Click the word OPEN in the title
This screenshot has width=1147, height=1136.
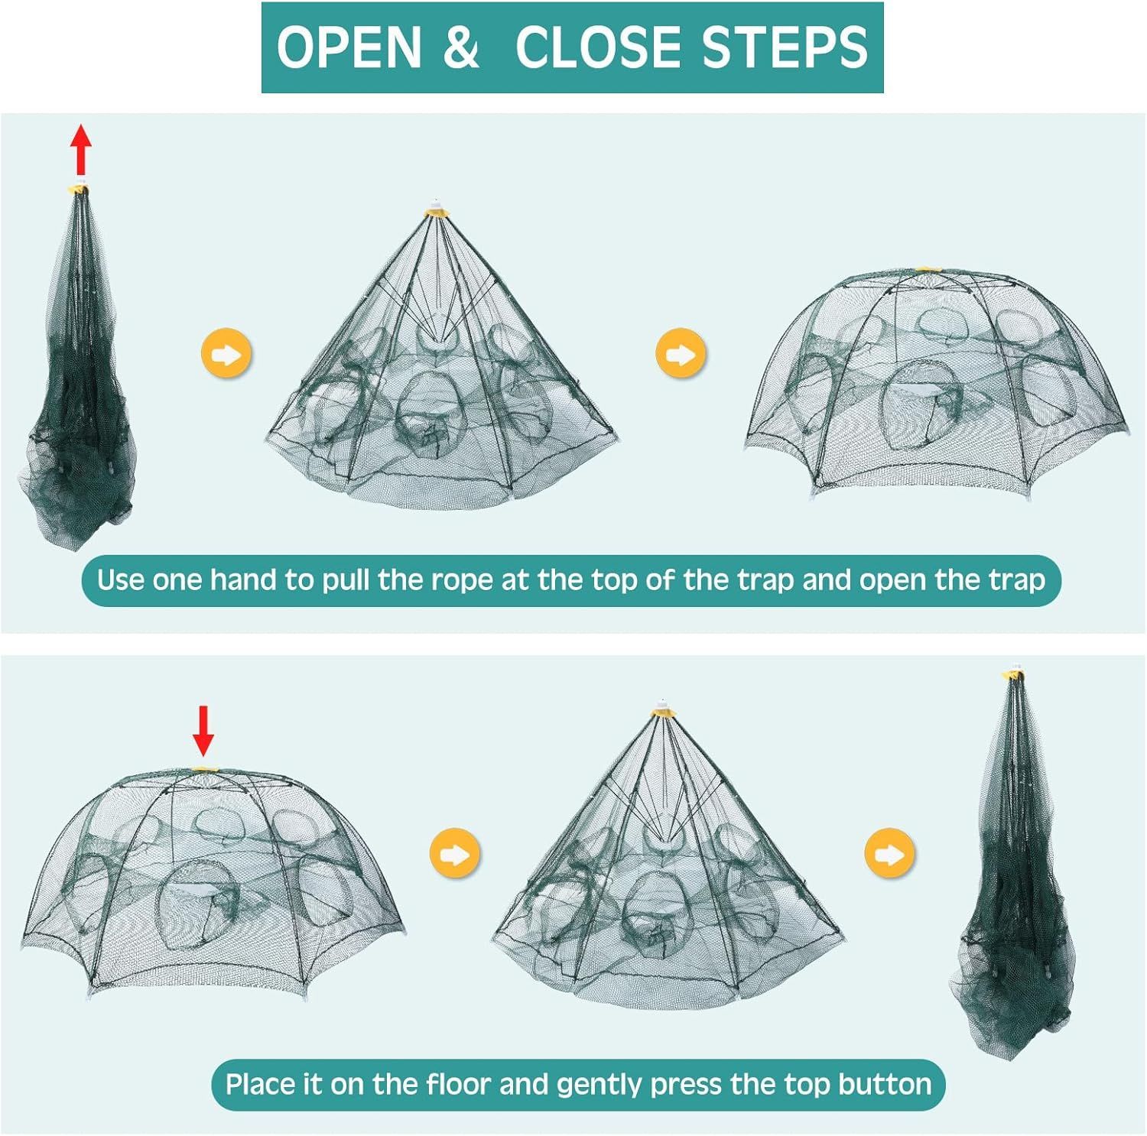pyautogui.click(x=349, y=47)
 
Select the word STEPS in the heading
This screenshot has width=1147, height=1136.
pyautogui.click(x=785, y=47)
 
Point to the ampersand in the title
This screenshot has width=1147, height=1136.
pyautogui.click(x=460, y=47)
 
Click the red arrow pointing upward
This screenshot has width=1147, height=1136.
pyautogui.click(x=81, y=151)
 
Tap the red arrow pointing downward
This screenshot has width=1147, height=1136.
pyautogui.click(x=203, y=731)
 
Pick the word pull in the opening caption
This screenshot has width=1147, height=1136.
pyautogui.click(x=345, y=581)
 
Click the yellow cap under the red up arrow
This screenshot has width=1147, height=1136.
pyautogui.click(x=78, y=189)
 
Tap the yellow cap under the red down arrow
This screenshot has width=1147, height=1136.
pyautogui.click(x=203, y=771)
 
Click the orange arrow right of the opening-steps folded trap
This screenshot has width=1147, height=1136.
pyautogui.click(x=226, y=354)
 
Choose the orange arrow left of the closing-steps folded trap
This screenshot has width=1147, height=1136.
pyautogui.click(x=889, y=854)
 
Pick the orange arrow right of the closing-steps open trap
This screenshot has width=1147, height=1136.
pyautogui.click(x=455, y=854)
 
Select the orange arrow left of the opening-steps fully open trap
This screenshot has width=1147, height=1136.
pyautogui.click(x=681, y=354)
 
